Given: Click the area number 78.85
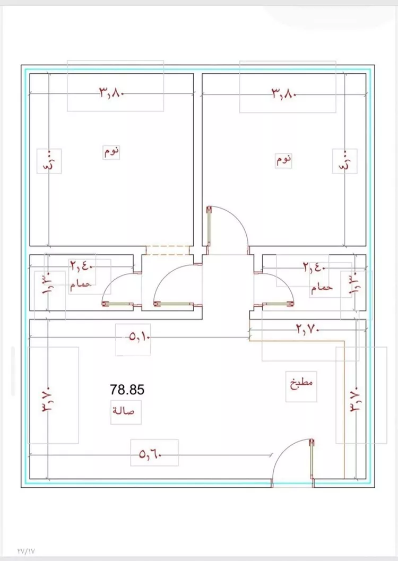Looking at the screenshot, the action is pyautogui.click(x=127, y=389).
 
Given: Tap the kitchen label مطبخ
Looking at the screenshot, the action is pyautogui.click(x=301, y=384).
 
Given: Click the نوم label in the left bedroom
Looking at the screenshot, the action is pyautogui.click(x=111, y=152).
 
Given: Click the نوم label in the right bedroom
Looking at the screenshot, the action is pyautogui.click(x=283, y=160).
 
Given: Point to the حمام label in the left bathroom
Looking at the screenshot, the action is pyautogui.click(x=81, y=285).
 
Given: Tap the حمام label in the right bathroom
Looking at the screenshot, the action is pyautogui.click(x=322, y=288).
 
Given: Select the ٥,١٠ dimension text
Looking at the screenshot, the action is pyautogui.click(x=140, y=337).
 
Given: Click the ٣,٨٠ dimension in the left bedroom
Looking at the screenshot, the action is pyautogui.click(x=111, y=93).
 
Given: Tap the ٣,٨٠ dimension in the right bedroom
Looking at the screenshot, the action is pyautogui.click(x=283, y=94).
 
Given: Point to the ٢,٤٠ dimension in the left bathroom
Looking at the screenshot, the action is pyautogui.click(x=81, y=266).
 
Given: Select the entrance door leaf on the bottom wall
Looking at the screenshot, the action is pyautogui.click(x=312, y=459).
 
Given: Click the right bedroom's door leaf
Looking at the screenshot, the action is pyautogui.click(x=209, y=226).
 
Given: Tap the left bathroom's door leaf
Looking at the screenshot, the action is pyautogui.click(x=118, y=304).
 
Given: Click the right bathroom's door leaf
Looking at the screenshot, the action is pyautogui.click(x=278, y=304).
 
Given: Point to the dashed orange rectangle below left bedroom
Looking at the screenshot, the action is pyautogui.click(x=168, y=250).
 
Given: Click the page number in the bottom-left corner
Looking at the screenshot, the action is pyautogui.click(x=26, y=551).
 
